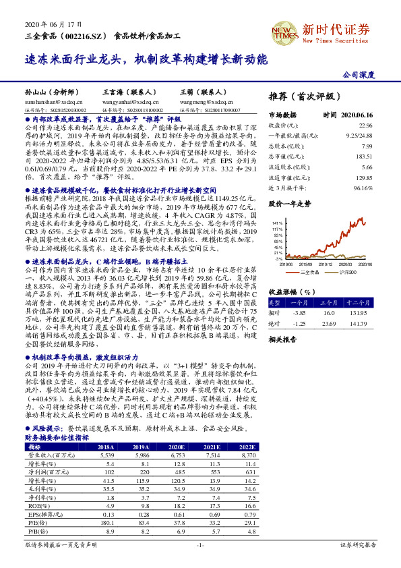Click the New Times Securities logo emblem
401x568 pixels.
[283, 31]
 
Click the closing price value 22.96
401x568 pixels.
[365, 125]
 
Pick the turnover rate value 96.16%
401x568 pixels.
[363, 188]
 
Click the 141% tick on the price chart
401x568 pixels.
[278, 222]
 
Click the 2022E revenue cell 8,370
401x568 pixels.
[249, 456]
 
